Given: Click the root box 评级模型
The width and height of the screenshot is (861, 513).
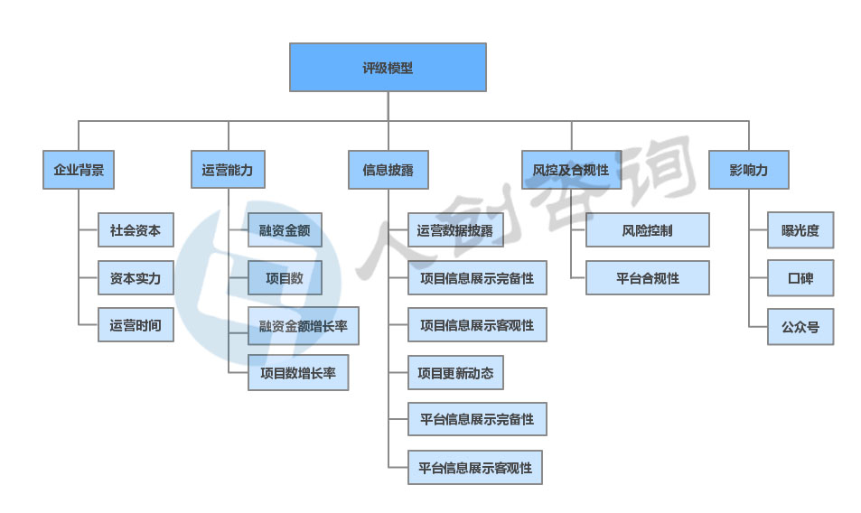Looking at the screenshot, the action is (x=388, y=68).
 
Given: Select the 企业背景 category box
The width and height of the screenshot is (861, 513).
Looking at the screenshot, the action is (x=79, y=170).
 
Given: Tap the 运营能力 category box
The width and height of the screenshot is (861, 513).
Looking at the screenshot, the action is (x=228, y=170).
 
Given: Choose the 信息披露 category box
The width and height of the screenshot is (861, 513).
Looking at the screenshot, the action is (x=388, y=170).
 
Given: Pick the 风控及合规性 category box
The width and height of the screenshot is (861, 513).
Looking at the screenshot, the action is (x=571, y=170).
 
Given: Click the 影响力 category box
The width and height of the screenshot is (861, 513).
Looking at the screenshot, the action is (x=749, y=170).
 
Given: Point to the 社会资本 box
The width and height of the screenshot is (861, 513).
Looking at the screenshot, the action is (x=136, y=230).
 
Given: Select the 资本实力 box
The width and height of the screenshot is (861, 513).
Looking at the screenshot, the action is (x=136, y=278).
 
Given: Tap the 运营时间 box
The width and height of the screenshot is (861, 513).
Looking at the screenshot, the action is (x=136, y=325).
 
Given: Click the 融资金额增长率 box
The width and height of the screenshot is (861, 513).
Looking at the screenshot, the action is (x=303, y=326).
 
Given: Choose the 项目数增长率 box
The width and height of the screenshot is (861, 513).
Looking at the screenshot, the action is (x=298, y=372).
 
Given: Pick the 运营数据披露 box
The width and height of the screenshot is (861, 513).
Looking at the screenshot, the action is (x=455, y=230).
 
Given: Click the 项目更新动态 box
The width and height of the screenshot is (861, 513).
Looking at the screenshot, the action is (x=455, y=372).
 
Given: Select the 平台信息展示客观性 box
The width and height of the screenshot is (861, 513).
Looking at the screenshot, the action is (x=475, y=468).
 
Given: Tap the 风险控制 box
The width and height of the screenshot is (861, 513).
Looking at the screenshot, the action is (x=648, y=230).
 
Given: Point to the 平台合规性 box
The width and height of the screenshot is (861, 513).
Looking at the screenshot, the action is (x=648, y=278).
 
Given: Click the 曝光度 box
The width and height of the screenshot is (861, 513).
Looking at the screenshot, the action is (x=800, y=230).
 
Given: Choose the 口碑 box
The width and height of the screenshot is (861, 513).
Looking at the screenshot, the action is (x=800, y=278).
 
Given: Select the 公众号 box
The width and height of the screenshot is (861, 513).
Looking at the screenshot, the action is (x=800, y=326).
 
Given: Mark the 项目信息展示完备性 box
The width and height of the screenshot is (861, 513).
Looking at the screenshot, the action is (x=477, y=278).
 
